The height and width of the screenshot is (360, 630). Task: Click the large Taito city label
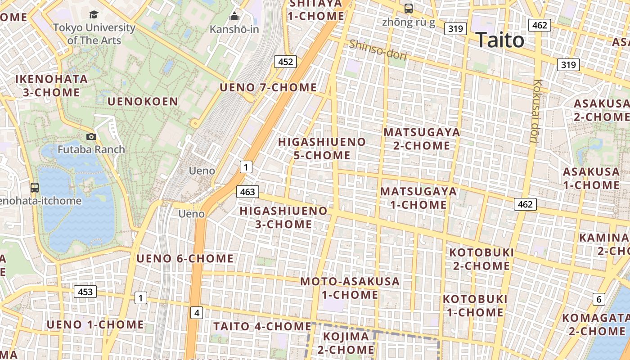tap(499, 40)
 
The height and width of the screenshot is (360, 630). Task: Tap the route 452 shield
tap(286, 62)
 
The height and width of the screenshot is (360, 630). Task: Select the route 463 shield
tap(247, 192)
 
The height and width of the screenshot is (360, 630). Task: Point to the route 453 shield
tap(85, 292)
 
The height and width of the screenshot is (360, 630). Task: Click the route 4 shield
tap(196, 313)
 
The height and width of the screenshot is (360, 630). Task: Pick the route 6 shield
tap(598, 299)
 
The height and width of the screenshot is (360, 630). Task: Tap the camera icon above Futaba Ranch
tap(91, 136)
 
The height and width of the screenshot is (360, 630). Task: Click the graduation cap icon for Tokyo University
tap(94, 15)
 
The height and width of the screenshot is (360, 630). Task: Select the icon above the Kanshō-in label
tap(234, 17)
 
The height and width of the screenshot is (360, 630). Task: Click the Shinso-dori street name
tap(378, 50)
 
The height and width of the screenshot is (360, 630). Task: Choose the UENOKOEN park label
tap(143, 102)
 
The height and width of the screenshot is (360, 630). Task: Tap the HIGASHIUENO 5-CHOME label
tap(322, 148)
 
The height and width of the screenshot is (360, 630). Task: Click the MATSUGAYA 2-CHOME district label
tap(422, 139)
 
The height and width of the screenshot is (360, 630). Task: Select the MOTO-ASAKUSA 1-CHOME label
tap(350, 288)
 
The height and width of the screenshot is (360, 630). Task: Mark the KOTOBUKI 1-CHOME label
tap(475, 306)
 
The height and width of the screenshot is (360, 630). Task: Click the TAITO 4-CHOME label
tap(262, 326)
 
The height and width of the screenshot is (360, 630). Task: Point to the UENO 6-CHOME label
tap(185, 259)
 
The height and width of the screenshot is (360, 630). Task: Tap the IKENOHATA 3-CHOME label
tap(51, 85)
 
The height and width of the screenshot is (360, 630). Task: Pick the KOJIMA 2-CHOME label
tap(346, 342)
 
